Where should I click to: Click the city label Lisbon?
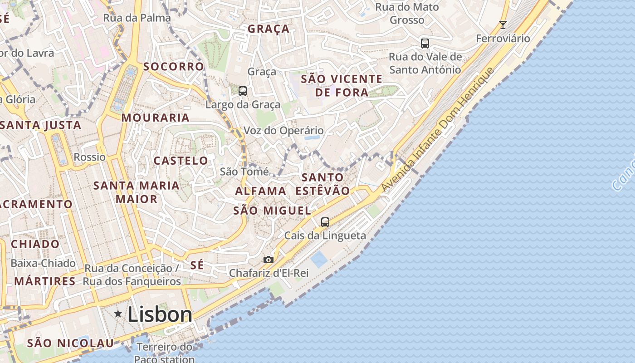click(x=160, y=314)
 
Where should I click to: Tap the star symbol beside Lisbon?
click(x=118, y=314)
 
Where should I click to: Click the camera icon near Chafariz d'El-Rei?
click(x=269, y=260)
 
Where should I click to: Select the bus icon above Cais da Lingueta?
click(x=325, y=222)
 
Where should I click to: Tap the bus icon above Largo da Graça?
click(x=243, y=91)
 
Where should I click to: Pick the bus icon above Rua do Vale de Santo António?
click(x=425, y=44)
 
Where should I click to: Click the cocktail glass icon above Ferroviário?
click(x=503, y=25)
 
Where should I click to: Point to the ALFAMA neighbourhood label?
click(x=260, y=191)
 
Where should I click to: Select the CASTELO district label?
click(x=181, y=161)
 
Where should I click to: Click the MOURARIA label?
click(x=156, y=118)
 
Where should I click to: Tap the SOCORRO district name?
click(x=174, y=67)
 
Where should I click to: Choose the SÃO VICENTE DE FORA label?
click(x=342, y=86)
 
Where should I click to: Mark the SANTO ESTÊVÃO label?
click(x=322, y=184)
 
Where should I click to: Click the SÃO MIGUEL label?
click(x=272, y=211)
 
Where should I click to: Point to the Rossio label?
click(x=89, y=157)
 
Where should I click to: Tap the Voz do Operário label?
click(x=284, y=131)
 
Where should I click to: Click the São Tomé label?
click(x=244, y=172)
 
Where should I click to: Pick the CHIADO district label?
click(x=35, y=244)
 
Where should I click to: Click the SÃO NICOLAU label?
click(x=70, y=343)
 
